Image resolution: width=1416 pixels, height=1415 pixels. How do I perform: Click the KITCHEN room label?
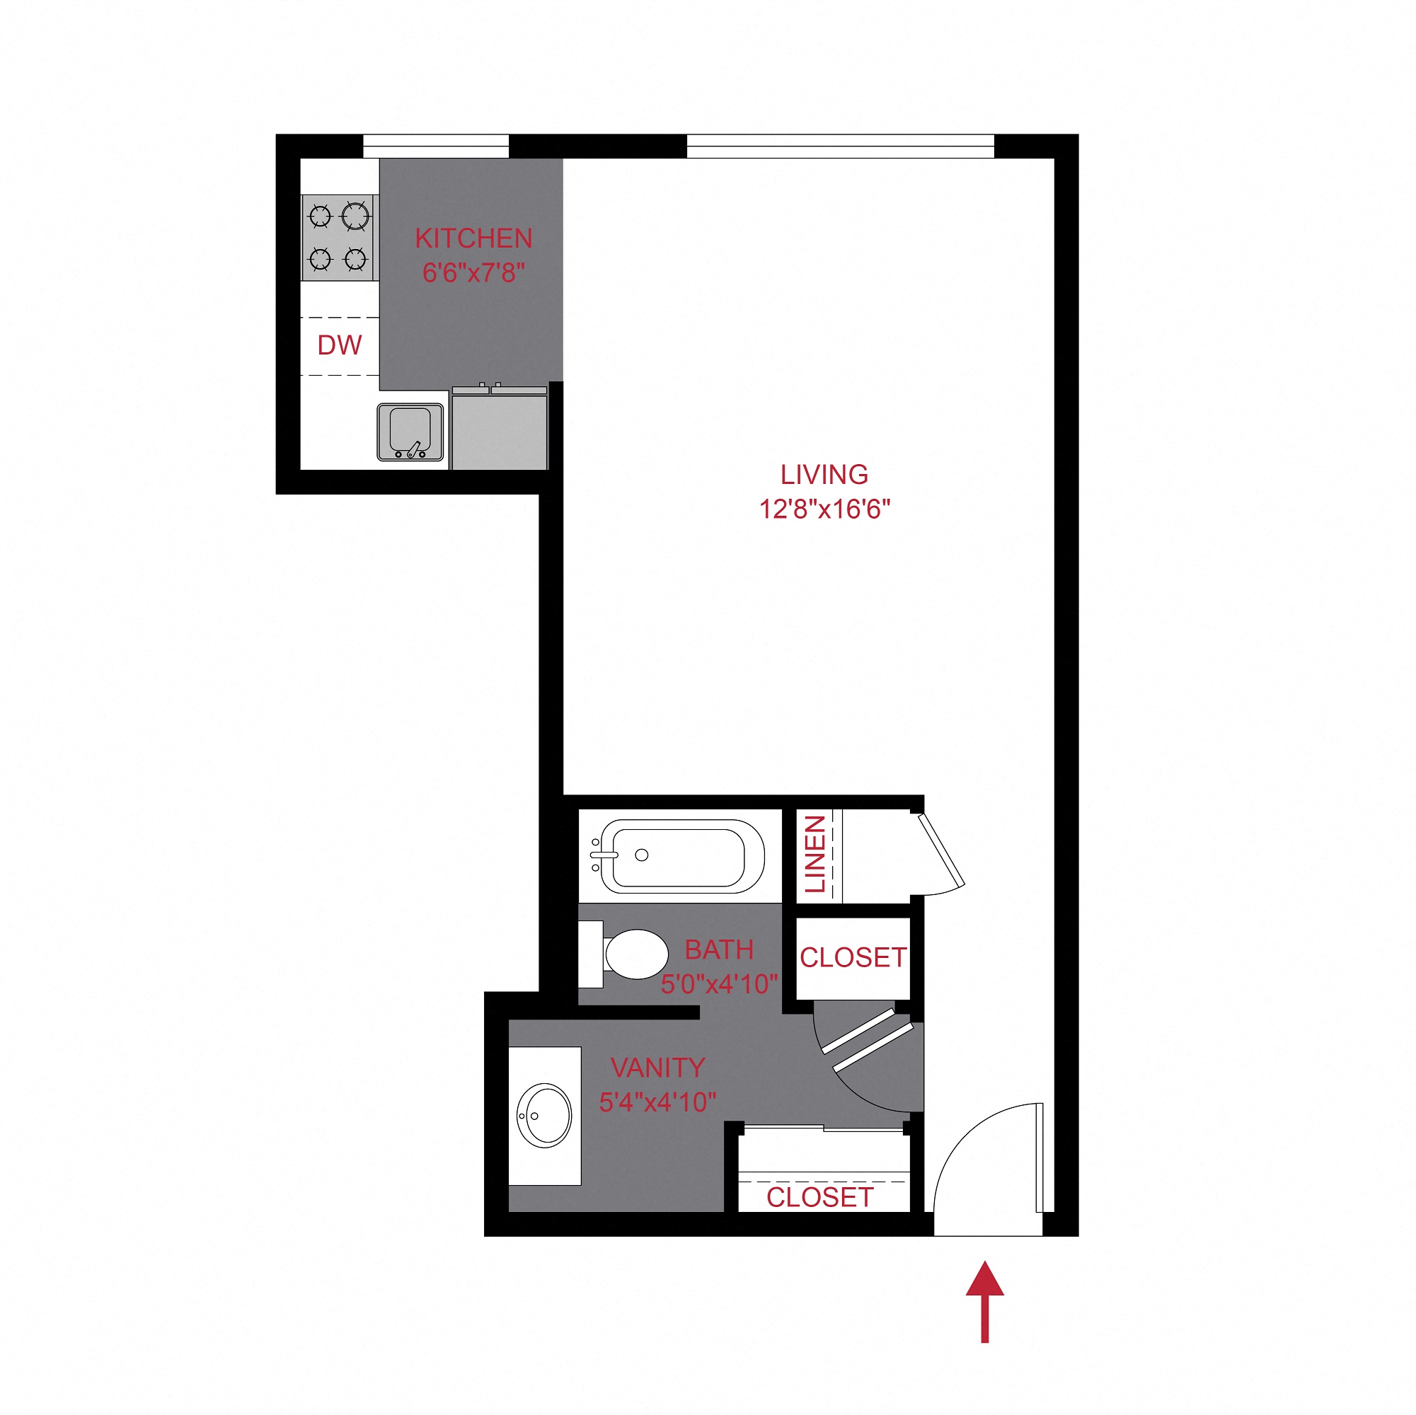[x=473, y=239]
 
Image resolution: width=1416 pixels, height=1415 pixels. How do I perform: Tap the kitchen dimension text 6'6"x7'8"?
[x=473, y=273]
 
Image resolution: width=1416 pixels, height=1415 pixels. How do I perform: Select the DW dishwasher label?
[x=340, y=345]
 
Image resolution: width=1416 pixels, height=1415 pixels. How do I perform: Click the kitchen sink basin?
[x=410, y=431]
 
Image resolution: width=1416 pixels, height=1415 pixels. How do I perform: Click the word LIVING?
[x=824, y=475]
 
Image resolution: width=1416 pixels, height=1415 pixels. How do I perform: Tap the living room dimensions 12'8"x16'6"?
[x=824, y=509]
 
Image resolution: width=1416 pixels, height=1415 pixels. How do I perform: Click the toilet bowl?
[x=635, y=954]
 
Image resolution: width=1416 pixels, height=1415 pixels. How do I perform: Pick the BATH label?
[x=719, y=950]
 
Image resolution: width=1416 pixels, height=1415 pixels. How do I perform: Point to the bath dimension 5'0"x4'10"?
[x=719, y=984]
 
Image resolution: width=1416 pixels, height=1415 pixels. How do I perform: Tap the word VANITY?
[x=657, y=1068]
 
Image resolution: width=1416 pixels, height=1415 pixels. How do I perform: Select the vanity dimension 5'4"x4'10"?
[x=657, y=1102]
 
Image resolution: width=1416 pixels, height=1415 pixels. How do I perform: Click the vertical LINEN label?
[x=815, y=854]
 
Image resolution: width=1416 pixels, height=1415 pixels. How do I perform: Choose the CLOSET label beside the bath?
[x=853, y=958]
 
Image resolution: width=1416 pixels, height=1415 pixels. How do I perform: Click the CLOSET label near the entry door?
[x=819, y=1197]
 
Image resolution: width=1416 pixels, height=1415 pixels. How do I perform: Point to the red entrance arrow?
[x=984, y=1301]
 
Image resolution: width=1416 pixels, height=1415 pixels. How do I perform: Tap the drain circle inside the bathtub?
[x=641, y=855]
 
